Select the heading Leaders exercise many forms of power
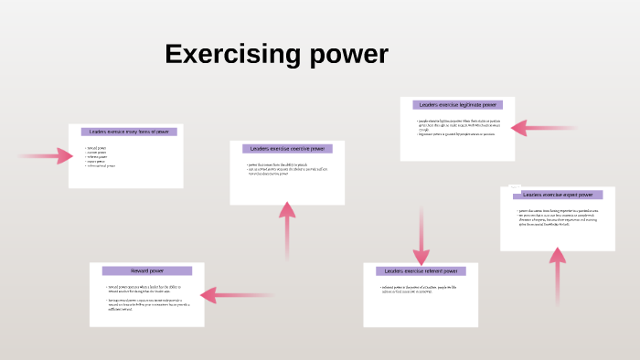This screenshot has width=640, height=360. coord(129,132)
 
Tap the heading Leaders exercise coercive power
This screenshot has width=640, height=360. coord(287,148)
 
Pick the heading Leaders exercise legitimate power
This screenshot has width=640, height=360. coord(457,105)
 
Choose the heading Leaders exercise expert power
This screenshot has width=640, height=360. coord(558,195)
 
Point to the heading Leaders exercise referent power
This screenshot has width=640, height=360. coord(421,271)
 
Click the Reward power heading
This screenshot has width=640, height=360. coord(147,270)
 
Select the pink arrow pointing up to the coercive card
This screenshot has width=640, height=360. coord(287,228)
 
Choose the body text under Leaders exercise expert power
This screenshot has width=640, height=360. coord(557,217)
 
